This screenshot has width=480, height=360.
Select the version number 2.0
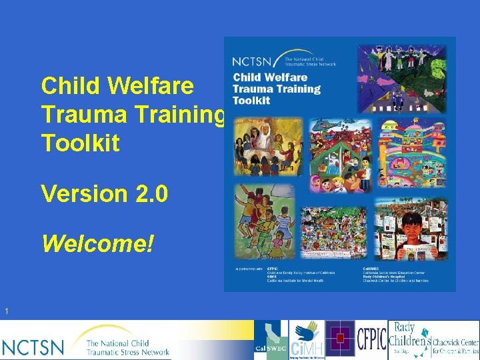[147, 193]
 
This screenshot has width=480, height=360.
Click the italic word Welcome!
[97, 243]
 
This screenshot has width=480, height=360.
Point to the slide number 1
[6, 311]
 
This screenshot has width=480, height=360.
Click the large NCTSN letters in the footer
[33, 347]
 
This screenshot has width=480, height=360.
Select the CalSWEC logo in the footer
[271, 340]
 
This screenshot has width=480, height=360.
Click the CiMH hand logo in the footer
[307, 340]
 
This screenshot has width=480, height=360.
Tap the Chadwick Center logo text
[456, 345]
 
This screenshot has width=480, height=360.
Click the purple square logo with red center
[340, 339]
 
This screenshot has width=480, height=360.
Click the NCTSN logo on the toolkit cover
[283, 59]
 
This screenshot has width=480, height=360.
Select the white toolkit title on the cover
[277, 89]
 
